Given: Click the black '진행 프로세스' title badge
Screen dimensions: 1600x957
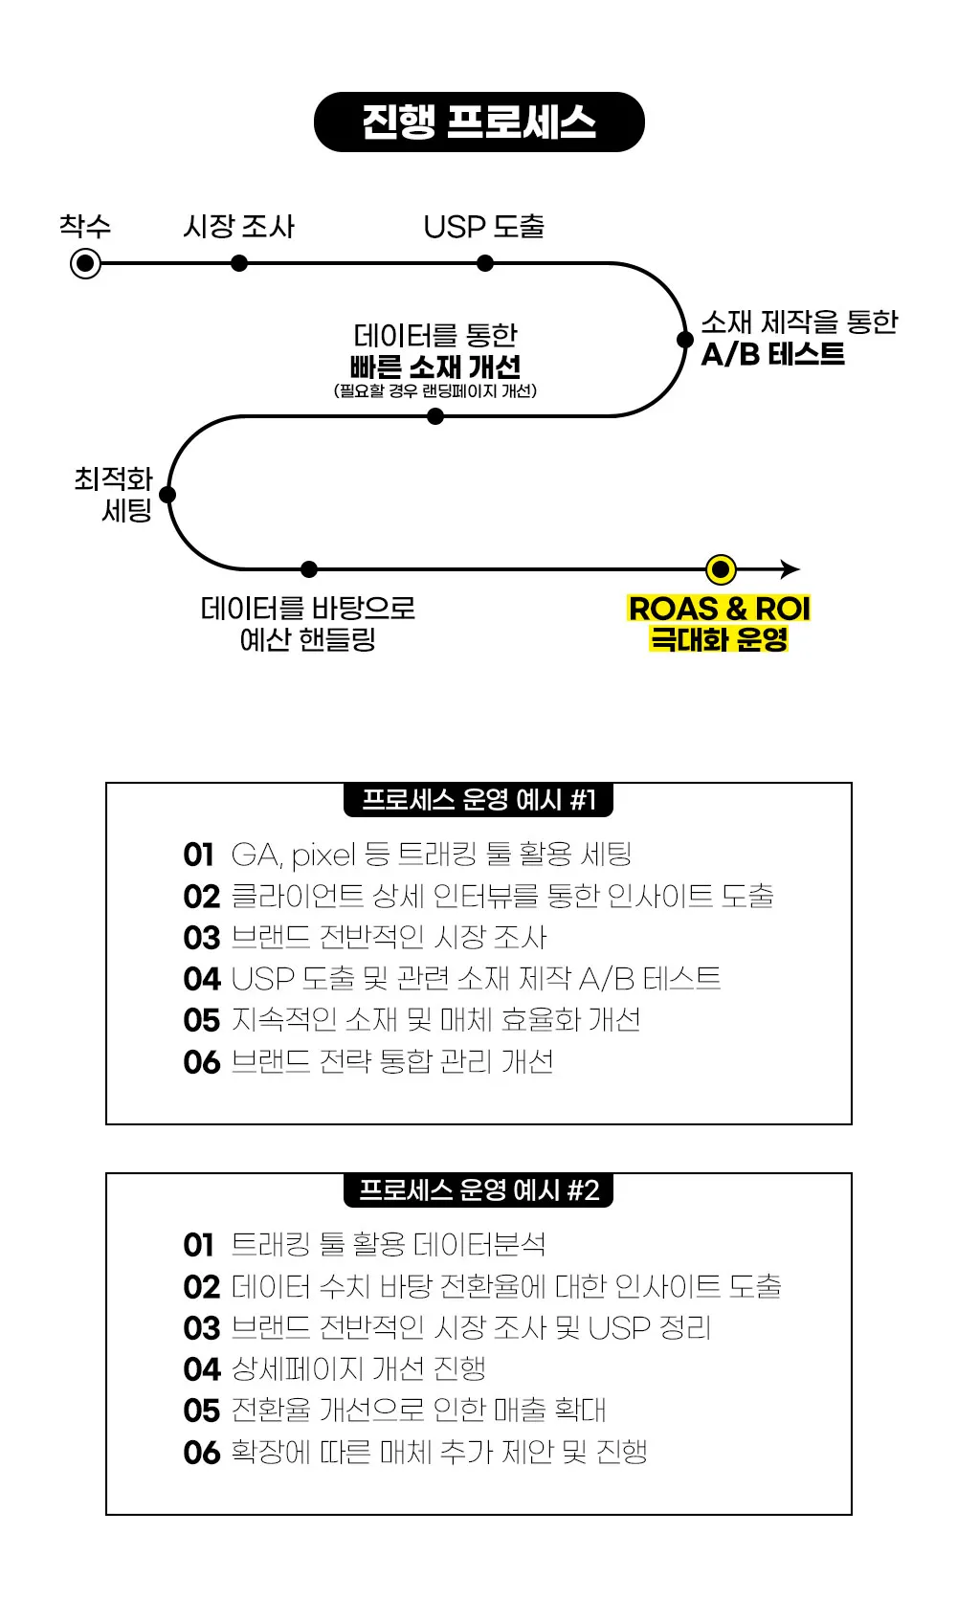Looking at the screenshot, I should pos(478,122).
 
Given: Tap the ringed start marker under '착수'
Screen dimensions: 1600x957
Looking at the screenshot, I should pos(85,263).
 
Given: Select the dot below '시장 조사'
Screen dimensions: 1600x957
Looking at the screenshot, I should pos(239,263).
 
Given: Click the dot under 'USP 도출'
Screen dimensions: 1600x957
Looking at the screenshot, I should pos(485,263).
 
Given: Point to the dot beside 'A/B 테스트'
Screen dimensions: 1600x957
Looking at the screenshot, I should pos(685,340).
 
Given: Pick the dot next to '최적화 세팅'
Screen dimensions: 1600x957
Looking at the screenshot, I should pos(167,495).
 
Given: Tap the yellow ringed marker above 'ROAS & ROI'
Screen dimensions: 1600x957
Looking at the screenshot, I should pos(721,570).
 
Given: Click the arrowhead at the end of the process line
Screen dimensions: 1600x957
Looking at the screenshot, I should pos(790,569).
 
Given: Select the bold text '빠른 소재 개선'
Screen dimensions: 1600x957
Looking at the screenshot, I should pos(435,367).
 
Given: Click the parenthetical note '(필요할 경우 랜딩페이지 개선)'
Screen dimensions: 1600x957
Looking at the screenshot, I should pos(435,391).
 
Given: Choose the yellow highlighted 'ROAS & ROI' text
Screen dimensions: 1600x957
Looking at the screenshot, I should pos(719,609).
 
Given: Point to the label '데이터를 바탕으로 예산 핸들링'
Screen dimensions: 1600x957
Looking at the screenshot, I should pos(307,623).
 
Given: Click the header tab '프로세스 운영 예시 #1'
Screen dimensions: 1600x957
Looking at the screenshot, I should pos(478,800).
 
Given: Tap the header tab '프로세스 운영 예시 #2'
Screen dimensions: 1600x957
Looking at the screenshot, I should pos(478,1190).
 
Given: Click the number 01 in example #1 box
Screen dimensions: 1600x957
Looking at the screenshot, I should pos(199,855).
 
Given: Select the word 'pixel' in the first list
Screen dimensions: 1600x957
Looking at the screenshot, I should pos(323,855).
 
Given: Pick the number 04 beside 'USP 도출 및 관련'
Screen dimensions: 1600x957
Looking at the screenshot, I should pos(202,979).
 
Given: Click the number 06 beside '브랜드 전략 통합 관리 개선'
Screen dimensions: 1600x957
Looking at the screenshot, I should pos(202,1062).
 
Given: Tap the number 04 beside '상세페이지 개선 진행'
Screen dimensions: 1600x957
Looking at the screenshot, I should pos(202,1369).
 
